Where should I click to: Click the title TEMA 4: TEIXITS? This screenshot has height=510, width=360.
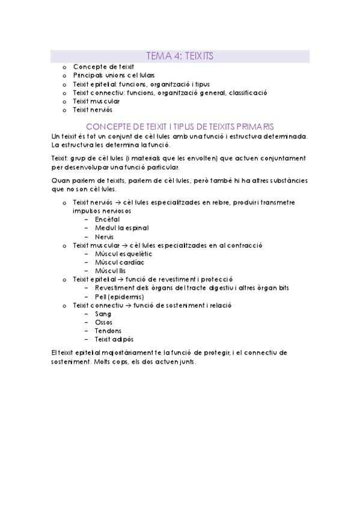(x=180, y=56)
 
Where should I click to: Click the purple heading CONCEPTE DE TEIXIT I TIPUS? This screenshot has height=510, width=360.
(x=180, y=126)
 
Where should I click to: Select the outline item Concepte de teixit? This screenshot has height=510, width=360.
(x=103, y=67)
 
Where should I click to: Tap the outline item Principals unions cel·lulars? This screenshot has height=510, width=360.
(x=114, y=76)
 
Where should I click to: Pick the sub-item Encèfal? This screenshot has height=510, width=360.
(x=108, y=220)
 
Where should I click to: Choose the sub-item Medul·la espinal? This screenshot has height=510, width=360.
(x=122, y=228)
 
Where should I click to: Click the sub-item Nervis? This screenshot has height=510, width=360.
(x=105, y=237)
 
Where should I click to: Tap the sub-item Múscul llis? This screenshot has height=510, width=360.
(x=111, y=271)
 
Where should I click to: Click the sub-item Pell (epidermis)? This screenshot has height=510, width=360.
(x=119, y=296)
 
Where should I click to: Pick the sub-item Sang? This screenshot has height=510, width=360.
(x=103, y=314)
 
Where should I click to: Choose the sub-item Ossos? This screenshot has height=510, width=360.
(x=104, y=322)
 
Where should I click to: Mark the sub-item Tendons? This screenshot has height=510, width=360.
(x=108, y=331)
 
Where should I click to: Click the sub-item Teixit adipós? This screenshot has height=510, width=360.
(x=114, y=340)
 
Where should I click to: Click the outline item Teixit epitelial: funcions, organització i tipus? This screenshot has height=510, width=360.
(x=141, y=84)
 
